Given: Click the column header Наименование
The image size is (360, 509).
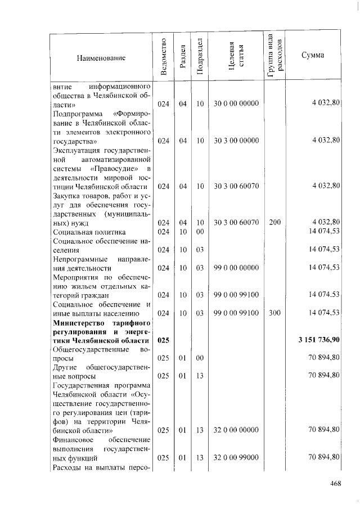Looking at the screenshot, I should tap(101, 57).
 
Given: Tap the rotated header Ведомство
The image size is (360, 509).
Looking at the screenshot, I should tap(163, 56).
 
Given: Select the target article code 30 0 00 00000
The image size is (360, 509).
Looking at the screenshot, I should tap(236, 104).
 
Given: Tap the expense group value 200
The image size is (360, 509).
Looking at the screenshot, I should tap(274, 222).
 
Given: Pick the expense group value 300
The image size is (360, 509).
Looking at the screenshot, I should tap(274, 313).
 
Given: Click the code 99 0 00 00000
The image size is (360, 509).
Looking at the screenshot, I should tap(236, 268).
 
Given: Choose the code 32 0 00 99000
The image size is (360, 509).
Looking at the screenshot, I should tap(236, 458).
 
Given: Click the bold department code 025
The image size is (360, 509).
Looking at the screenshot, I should tap(163, 340).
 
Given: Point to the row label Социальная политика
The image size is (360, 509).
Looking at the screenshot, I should tap(89, 231).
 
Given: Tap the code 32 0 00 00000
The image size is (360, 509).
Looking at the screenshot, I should tap(236, 429).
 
